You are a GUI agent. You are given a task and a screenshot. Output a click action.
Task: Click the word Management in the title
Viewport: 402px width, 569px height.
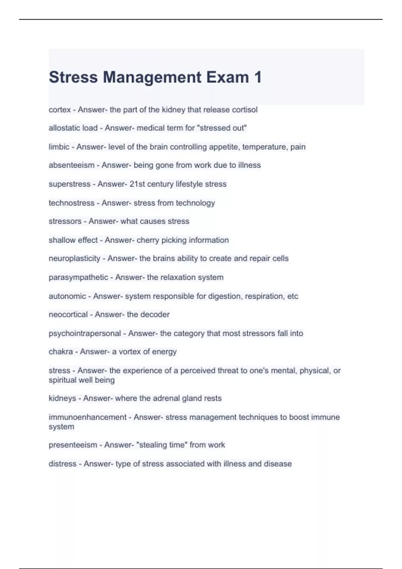tap(152, 77)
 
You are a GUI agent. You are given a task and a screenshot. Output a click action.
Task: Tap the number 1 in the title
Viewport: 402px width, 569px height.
tap(258, 77)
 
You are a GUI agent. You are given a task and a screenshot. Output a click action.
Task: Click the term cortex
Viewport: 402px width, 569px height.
tap(60, 110)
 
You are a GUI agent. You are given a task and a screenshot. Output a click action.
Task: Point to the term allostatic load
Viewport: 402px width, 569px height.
tap(73, 128)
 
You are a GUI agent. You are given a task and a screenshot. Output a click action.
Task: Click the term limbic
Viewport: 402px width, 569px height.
tap(59, 147)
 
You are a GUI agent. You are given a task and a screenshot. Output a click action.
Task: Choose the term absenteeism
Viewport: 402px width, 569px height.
tap(71, 165)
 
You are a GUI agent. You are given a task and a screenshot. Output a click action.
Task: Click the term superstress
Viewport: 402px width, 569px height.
tap(69, 184)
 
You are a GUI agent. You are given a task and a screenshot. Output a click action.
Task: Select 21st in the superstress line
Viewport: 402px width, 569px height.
tap(138, 184)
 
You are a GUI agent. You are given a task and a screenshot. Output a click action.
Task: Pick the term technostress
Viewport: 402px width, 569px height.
tap(71, 203)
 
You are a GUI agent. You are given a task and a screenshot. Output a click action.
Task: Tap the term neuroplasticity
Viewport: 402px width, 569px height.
tap(74, 259)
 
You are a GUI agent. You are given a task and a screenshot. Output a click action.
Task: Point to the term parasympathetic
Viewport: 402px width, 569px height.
tap(78, 277)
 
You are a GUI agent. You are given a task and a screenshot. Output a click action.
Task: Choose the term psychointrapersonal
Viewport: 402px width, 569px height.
tap(85, 333)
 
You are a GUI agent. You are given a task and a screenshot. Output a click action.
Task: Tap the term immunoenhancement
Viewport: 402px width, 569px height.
tap(87, 417)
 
